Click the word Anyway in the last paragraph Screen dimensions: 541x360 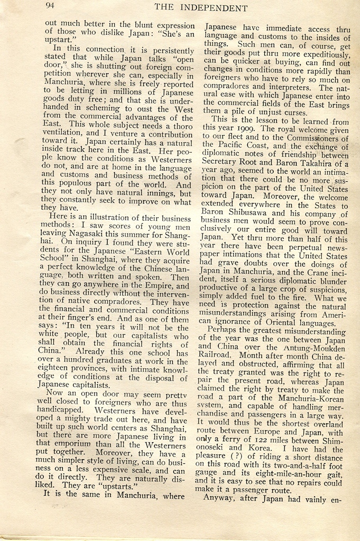(221, 498)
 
